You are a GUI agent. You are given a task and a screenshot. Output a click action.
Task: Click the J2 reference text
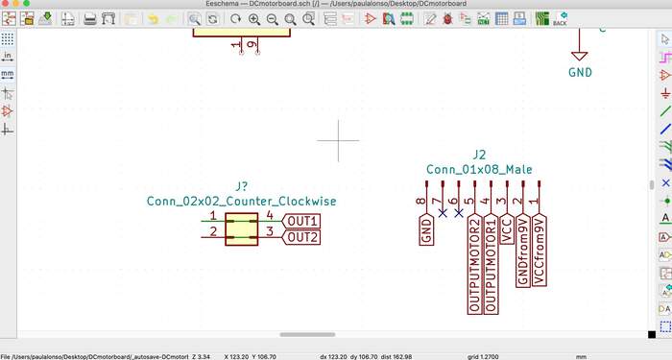(x=480, y=155)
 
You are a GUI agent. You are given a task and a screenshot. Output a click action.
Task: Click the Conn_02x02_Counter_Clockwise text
(x=241, y=202)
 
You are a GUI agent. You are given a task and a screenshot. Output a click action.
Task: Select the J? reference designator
(x=242, y=186)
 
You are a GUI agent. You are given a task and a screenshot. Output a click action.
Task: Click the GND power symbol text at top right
(x=580, y=72)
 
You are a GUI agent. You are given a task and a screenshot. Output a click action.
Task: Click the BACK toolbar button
(x=560, y=18)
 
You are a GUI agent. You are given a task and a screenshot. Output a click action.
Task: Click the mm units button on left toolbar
(x=8, y=75)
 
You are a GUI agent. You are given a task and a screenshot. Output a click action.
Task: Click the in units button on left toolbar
(x=8, y=57)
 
